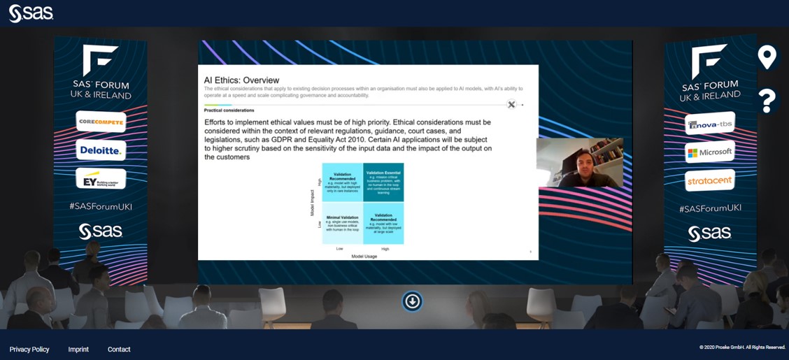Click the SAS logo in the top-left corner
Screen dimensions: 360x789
click(31, 13)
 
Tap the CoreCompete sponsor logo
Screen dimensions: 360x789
click(101, 122)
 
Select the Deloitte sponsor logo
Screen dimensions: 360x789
click(101, 150)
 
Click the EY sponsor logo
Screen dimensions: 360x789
click(101, 179)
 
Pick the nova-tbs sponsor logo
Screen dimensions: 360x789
click(709, 124)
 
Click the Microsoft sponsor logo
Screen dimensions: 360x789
click(709, 152)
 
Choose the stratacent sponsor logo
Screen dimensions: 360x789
click(709, 180)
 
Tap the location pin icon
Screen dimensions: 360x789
click(767, 57)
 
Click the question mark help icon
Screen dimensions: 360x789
click(767, 101)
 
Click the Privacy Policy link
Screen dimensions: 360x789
click(29, 350)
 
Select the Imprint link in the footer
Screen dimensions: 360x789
click(78, 350)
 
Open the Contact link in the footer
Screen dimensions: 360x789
click(119, 350)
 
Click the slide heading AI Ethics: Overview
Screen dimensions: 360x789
click(241, 80)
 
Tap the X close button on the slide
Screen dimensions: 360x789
click(511, 104)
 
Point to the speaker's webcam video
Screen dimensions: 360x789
click(579, 163)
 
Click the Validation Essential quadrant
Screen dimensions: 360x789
click(383, 182)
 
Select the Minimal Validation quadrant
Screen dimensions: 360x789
click(343, 223)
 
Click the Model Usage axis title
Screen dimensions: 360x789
click(363, 257)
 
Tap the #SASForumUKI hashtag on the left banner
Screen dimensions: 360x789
click(101, 207)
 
